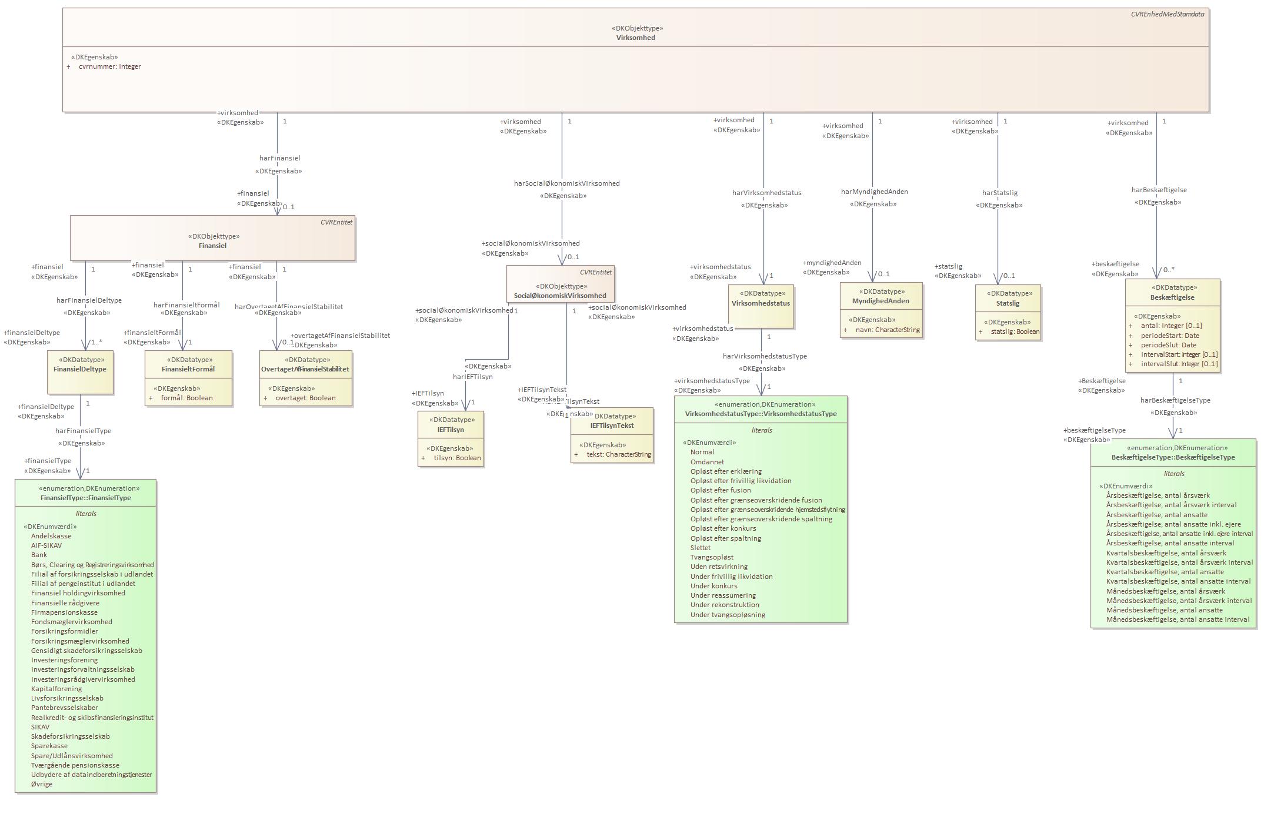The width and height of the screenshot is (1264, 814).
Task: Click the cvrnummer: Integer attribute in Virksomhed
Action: coord(109,66)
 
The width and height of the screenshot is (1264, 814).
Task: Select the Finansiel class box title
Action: coord(212,246)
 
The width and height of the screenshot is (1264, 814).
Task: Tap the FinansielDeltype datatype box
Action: coord(80,369)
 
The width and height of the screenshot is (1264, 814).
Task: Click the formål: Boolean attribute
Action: coord(186,398)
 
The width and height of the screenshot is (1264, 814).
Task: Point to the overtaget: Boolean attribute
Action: coord(305,398)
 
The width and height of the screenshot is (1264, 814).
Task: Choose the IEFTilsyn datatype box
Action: coord(451,430)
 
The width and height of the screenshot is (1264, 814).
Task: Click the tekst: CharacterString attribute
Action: coord(618,454)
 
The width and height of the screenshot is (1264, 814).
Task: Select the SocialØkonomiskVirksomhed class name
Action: coord(560,296)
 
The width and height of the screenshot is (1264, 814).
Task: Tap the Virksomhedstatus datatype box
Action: coord(761,303)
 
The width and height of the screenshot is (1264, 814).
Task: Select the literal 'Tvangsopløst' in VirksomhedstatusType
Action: coord(712,557)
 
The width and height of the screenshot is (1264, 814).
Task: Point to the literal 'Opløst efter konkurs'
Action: coord(723,528)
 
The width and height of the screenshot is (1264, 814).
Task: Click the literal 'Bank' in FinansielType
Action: coord(39,555)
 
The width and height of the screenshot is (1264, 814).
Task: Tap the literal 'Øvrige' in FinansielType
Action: coord(42,784)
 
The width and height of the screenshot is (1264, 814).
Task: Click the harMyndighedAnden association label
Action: coord(874,192)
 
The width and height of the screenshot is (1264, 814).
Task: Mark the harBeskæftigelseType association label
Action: coord(1175,400)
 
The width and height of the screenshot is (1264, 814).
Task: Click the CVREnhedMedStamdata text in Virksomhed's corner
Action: coord(1167,14)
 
